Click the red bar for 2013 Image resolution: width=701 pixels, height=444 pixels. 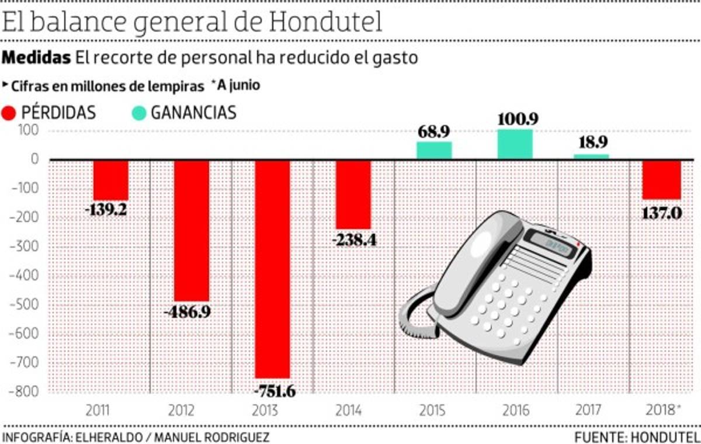(x=272, y=269)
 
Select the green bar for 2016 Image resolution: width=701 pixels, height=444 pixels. (x=515, y=144)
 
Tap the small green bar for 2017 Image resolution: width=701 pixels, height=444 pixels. (x=591, y=156)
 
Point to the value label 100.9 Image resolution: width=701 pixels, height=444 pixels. (x=518, y=119)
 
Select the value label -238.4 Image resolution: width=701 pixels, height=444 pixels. (x=353, y=240)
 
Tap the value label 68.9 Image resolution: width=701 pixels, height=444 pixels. (x=433, y=131)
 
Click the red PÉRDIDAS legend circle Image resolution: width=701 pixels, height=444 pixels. (x=10, y=113)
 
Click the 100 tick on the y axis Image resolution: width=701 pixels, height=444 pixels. (x=29, y=130)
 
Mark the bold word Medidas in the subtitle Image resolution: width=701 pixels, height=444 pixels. (x=37, y=58)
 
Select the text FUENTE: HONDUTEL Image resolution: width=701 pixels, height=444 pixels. (x=637, y=437)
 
